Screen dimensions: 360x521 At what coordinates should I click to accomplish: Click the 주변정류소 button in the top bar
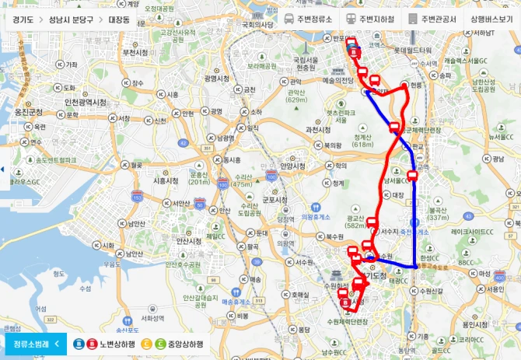pos(307,19)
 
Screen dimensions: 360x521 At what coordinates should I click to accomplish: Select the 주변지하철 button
pos(370,19)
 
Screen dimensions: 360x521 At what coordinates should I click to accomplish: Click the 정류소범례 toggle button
pos(35,343)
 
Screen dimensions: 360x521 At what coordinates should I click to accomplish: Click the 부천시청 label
pos(135,52)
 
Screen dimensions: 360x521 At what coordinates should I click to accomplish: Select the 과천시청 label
pos(319,130)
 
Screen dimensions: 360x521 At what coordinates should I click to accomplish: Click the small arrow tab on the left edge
pos(2,170)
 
